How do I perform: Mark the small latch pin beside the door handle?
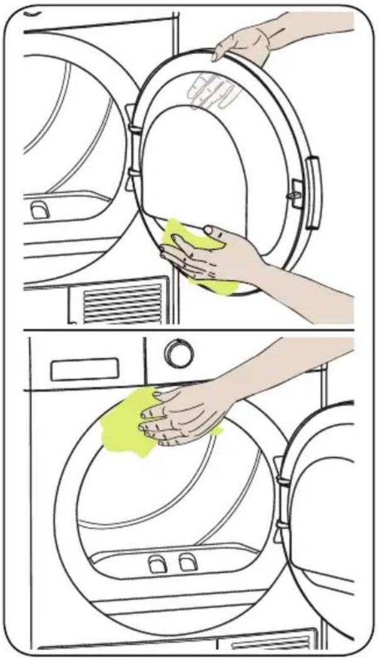pos(294,194)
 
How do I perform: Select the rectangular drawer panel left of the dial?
pos(84,369)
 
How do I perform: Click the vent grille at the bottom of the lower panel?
pos(282,643)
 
